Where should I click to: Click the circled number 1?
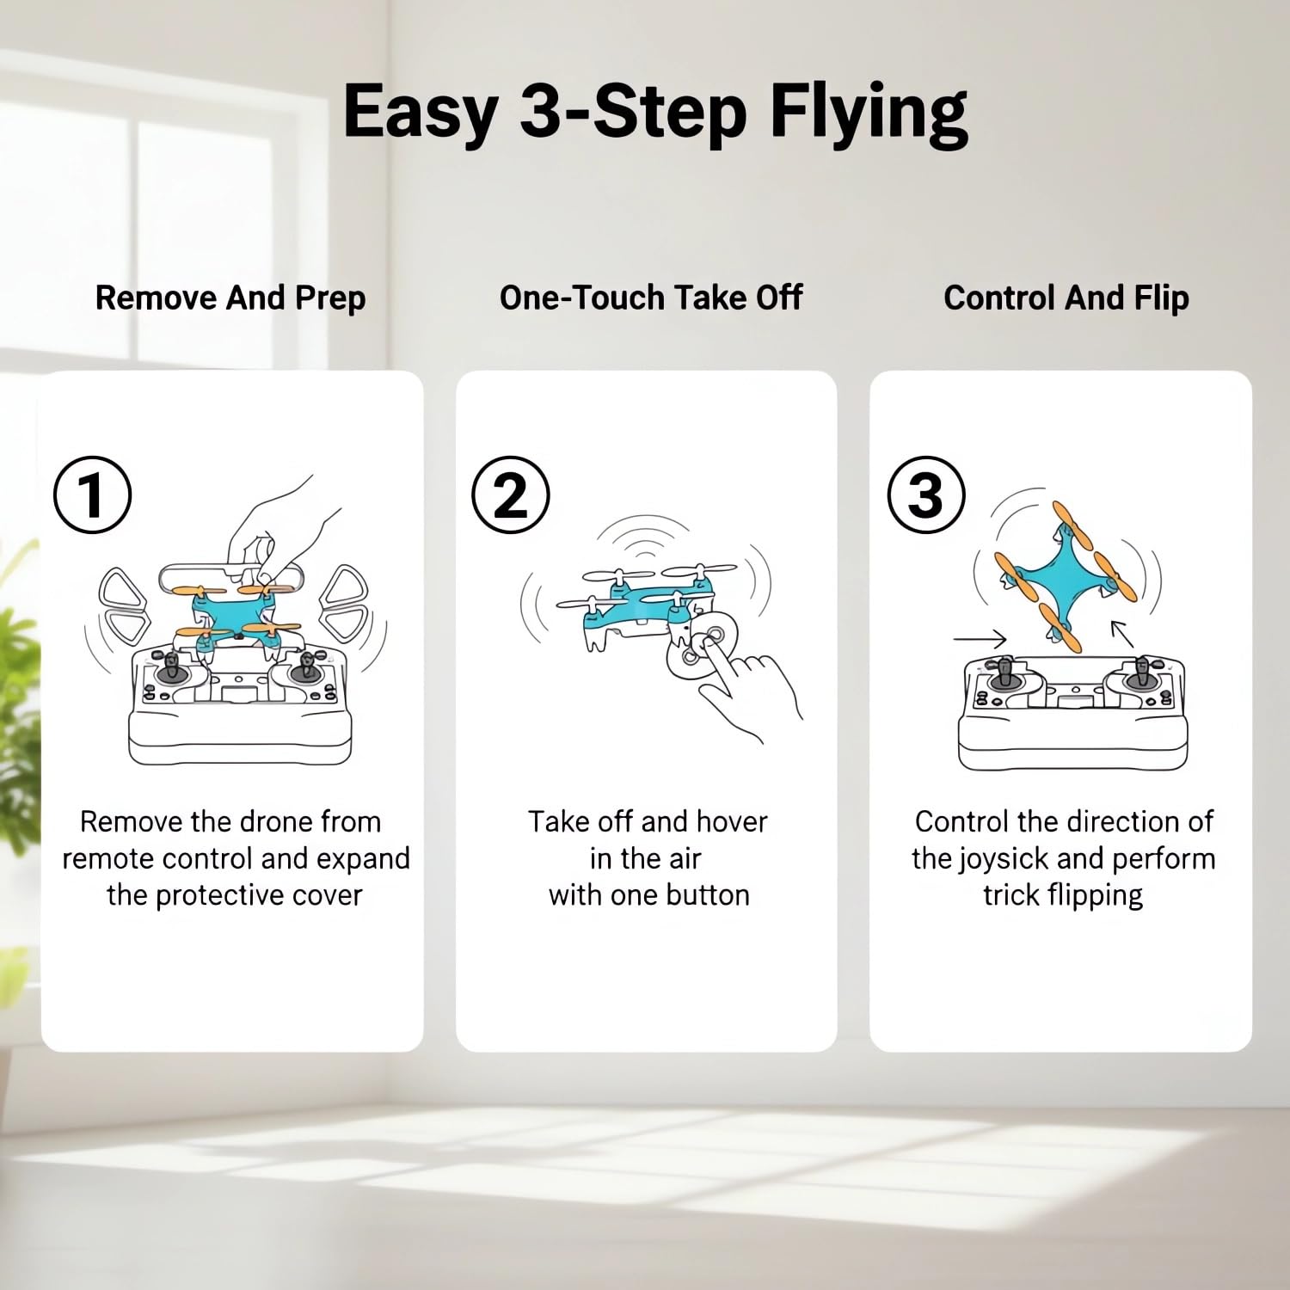93,495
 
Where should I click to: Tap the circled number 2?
511,495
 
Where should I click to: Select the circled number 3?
926,495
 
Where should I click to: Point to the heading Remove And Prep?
230,298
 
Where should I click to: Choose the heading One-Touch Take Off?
651,298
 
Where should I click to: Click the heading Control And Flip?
1066,298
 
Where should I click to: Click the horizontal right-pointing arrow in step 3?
980,639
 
